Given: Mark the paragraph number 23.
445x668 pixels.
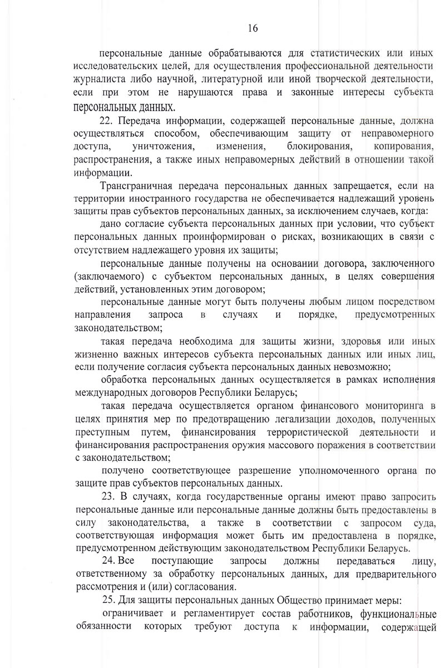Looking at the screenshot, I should (x=109, y=497).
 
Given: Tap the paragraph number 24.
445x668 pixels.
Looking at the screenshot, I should (x=109, y=562).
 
